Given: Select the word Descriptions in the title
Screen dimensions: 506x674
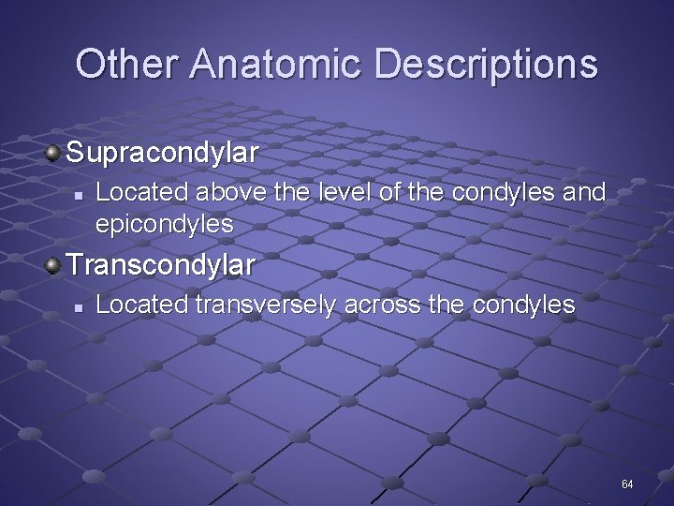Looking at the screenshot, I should [x=483, y=64].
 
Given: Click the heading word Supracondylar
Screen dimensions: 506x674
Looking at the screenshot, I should [x=162, y=153].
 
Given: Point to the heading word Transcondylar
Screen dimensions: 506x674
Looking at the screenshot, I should [x=161, y=264].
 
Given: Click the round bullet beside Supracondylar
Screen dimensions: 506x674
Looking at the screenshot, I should [x=55, y=153].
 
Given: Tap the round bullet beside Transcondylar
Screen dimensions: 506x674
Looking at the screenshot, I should [x=55, y=265].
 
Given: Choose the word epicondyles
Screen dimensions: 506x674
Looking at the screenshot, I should [x=164, y=224].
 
